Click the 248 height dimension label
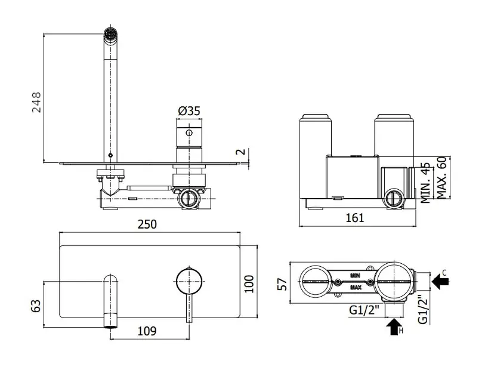pyautogui.click(x=36, y=102)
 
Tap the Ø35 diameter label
pyautogui.click(x=189, y=111)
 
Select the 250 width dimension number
pyautogui.click(x=147, y=224)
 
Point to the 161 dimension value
pyautogui.click(x=355, y=218)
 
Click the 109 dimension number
pyautogui.click(x=147, y=331)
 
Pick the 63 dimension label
pyautogui.click(x=36, y=306)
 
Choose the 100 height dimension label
pyautogui.click(x=249, y=283)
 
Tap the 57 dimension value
pyautogui.click(x=282, y=284)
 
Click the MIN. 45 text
pyautogui.click(x=425, y=183)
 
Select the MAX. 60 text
pyautogui.click(x=441, y=177)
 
